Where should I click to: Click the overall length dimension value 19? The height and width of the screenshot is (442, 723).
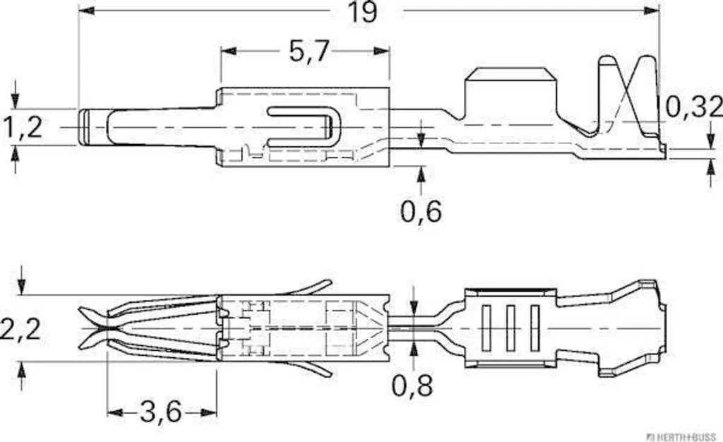[x=362, y=12]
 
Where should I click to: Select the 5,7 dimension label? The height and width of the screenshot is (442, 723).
[x=309, y=51]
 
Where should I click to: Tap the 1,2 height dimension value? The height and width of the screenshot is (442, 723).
[x=23, y=127]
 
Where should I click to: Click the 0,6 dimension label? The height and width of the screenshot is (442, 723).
[x=421, y=211]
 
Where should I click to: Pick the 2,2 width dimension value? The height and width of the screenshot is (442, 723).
[x=20, y=329]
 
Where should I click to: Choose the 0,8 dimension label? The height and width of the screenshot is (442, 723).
[x=412, y=386]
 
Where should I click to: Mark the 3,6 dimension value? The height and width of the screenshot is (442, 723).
[x=161, y=412]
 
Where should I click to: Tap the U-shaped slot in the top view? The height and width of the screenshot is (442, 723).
[x=300, y=127]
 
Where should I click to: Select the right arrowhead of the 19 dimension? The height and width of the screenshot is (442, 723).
[x=651, y=11]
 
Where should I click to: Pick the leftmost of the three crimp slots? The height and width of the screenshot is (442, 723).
[x=486, y=328]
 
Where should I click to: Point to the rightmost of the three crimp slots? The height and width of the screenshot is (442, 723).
[x=535, y=328]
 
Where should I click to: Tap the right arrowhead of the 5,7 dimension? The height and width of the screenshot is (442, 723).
[x=382, y=51]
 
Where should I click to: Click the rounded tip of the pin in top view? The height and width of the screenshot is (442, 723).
[x=83, y=128]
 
